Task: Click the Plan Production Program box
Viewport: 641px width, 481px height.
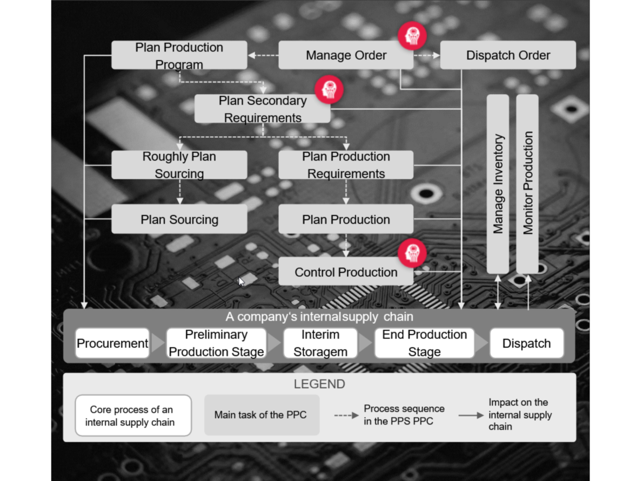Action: pos(179,55)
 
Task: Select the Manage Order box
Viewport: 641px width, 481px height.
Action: pos(346,55)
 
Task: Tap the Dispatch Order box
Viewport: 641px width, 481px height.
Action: pos(508,55)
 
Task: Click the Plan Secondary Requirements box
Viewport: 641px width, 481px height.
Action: pos(262,109)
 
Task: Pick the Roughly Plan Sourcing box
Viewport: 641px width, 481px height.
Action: pos(179,165)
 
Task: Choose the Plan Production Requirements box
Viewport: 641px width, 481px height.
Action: pos(346,165)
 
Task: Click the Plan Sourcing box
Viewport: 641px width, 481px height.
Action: pos(179,219)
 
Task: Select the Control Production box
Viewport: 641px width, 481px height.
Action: pos(346,272)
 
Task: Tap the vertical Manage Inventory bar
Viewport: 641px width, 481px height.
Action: pos(498,184)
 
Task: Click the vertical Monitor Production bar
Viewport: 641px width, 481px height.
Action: pos(527,184)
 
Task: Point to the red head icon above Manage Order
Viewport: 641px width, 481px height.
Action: pos(412,36)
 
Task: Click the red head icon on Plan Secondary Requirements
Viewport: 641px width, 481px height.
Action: pos(329,89)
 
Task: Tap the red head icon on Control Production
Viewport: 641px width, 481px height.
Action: pos(412,253)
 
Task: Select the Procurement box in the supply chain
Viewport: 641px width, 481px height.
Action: pos(112,343)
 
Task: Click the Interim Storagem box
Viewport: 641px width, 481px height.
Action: pos(320,343)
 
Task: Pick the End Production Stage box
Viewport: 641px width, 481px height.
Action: pos(424,343)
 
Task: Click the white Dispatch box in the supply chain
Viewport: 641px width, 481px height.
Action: pos(526,343)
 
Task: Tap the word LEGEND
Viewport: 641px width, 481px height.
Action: pos(319,384)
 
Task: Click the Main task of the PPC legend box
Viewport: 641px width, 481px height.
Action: pos(261,415)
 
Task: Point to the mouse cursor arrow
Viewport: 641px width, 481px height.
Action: pos(241,281)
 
